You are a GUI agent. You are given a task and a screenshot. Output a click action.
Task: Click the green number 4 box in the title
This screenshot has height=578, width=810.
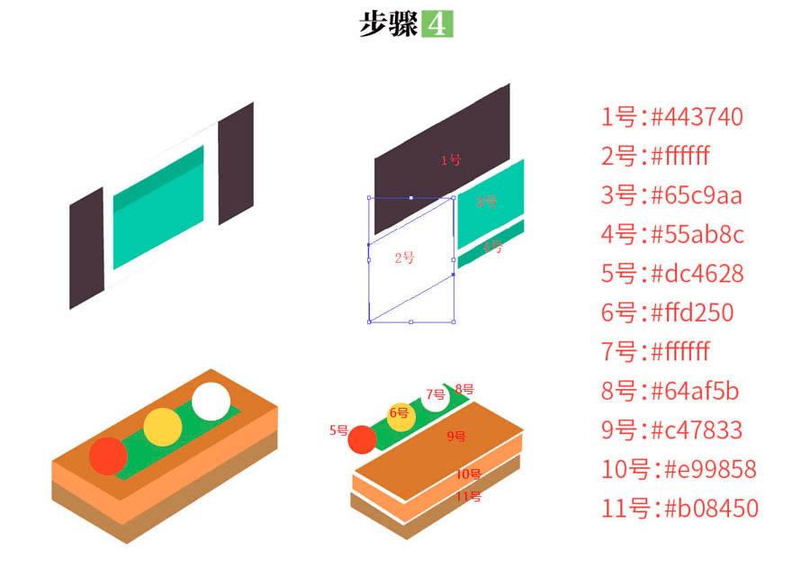pyautogui.click(x=437, y=24)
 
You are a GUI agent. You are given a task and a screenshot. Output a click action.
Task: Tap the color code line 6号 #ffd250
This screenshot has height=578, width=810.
pyautogui.click(x=667, y=312)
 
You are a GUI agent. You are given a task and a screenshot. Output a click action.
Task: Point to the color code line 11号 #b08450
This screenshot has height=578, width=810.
pyautogui.click(x=679, y=509)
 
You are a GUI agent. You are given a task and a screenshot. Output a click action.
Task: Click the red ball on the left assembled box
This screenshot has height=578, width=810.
pyautogui.click(x=109, y=456)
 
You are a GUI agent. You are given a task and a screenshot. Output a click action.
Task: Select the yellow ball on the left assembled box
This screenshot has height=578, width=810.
pyautogui.click(x=163, y=427)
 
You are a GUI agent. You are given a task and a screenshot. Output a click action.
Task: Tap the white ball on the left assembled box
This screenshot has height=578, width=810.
pyautogui.click(x=211, y=401)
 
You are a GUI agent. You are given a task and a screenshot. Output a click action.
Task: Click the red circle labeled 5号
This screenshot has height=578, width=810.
pyautogui.click(x=362, y=439)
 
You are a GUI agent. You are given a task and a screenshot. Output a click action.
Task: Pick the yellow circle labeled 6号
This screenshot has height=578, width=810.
pyautogui.click(x=400, y=414)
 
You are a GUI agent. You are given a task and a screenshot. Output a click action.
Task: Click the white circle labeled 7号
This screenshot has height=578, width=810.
pyautogui.click(x=436, y=396)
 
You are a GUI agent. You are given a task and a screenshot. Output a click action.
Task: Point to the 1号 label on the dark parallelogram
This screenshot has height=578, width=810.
pyautogui.click(x=450, y=160)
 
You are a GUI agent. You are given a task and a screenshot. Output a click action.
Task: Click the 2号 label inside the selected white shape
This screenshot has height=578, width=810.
pyautogui.click(x=405, y=258)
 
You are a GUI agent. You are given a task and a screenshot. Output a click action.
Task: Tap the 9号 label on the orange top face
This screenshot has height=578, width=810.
pyautogui.click(x=457, y=437)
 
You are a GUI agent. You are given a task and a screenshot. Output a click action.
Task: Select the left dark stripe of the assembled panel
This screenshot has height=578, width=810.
pyautogui.click(x=87, y=249)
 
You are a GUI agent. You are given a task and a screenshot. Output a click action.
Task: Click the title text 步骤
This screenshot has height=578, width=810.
pyautogui.click(x=388, y=24)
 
